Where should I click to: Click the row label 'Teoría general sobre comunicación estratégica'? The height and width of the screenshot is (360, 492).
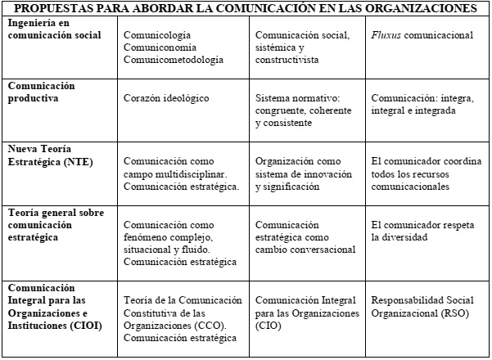52,217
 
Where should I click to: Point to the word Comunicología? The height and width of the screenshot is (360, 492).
157,37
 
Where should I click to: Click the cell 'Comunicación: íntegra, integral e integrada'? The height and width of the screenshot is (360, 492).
425,105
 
